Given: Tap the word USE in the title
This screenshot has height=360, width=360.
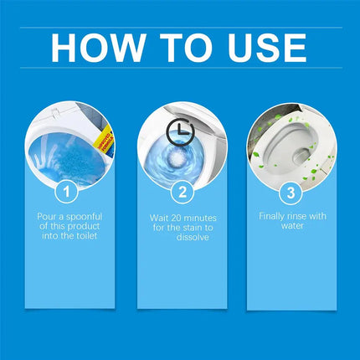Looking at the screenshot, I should point(262,47).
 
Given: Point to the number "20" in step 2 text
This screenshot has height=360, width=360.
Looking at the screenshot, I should point(173,217).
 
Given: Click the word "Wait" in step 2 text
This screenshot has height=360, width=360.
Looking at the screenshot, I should point(152,217).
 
